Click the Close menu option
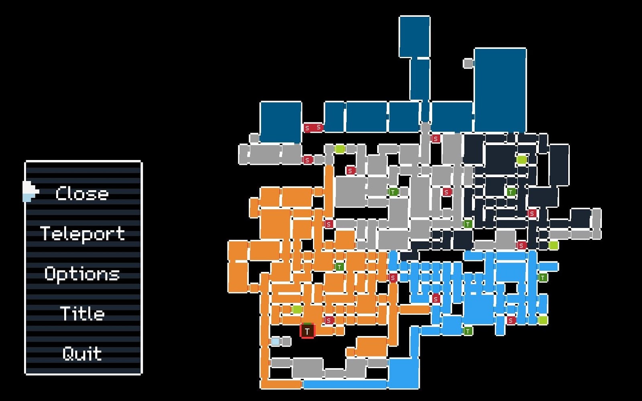coord(82,194)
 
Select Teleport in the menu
coord(82,234)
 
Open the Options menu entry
coord(82,274)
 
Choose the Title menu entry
coord(82,314)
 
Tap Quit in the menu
coord(82,354)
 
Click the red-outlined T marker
coord(307,331)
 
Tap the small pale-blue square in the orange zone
coord(276,341)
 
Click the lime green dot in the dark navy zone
coord(522,160)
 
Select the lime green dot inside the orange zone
coord(297,309)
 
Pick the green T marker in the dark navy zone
coord(511,192)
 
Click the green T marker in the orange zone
coord(339,267)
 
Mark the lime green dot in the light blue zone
coord(542,320)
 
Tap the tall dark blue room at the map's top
coord(414,36)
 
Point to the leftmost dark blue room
coord(280,122)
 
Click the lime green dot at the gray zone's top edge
coord(340,149)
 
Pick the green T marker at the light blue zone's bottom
coord(468,331)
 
